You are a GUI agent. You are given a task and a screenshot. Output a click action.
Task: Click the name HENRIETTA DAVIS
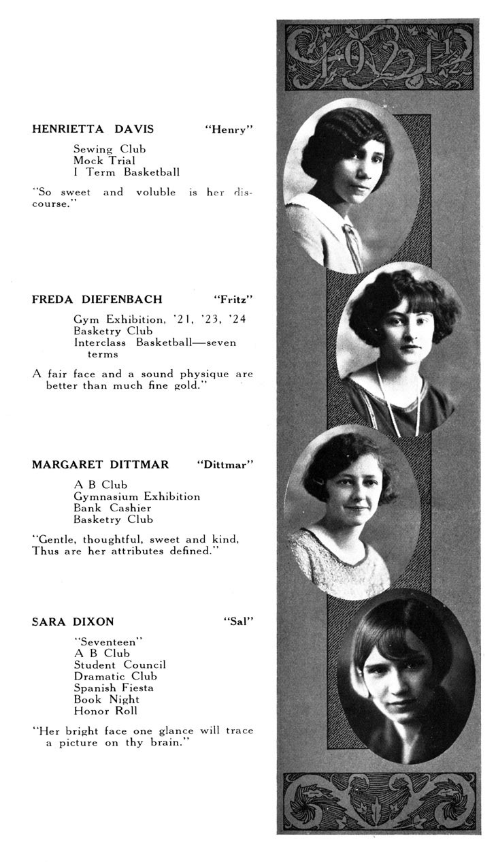tap(93, 129)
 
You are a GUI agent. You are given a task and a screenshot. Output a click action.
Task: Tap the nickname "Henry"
tap(229, 129)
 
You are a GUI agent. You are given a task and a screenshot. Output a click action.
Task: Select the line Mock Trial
tap(104, 161)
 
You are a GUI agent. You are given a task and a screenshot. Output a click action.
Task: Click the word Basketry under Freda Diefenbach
tap(96, 331)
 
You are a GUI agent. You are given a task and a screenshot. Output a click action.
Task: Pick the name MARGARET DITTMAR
tap(100, 464)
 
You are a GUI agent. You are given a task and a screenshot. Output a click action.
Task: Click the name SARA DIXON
tap(73, 621)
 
